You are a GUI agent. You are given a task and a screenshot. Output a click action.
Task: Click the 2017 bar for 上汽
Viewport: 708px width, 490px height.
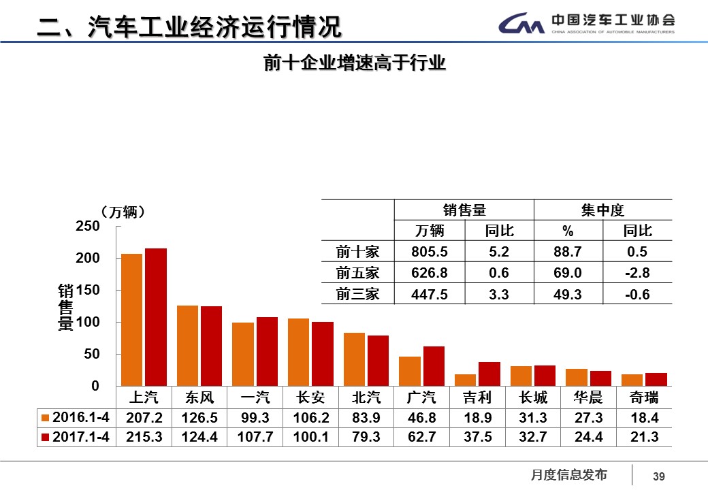coord(156,317)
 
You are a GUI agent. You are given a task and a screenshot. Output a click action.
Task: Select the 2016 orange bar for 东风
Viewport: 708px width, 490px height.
coord(187,346)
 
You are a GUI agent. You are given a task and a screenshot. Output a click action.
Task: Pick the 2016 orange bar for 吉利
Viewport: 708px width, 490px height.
coord(465,380)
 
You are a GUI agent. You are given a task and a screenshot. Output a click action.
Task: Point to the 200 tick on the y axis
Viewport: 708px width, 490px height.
coord(91,258)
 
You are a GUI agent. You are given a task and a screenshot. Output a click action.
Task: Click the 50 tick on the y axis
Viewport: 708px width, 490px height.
coord(91,354)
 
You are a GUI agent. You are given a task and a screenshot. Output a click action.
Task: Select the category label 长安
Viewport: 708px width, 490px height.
coord(310,397)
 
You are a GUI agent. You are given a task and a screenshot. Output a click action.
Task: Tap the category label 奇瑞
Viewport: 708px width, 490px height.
coord(644,397)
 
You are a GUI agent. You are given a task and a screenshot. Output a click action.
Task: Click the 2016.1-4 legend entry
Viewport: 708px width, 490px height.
coord(75,417)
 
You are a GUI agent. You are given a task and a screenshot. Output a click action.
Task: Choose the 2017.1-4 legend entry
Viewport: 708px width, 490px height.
coord(75,437)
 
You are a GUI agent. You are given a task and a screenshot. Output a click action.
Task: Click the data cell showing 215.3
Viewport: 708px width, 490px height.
coord(144,437)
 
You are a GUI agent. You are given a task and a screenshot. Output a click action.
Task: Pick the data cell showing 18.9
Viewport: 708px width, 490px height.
coord(477,417)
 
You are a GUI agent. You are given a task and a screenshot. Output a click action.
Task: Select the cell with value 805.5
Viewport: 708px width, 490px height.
coord(430,252)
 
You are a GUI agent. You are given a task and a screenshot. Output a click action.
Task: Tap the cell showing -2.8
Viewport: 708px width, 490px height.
coord(638,273)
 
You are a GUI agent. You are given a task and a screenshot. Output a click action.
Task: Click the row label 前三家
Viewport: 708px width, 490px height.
coord(357,294)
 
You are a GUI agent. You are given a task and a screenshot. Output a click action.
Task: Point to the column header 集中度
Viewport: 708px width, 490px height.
coord(603,210)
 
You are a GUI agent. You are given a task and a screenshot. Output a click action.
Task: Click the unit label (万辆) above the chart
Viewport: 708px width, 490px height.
coord(122,212)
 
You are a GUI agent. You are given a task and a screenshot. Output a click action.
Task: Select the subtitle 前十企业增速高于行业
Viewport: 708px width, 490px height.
coord(354,63)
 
